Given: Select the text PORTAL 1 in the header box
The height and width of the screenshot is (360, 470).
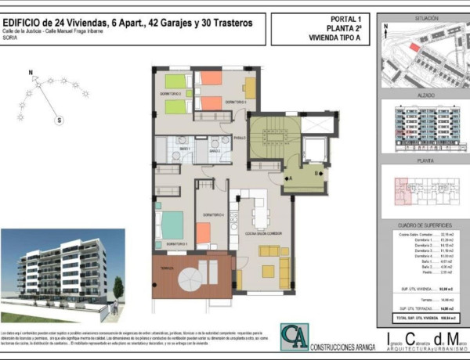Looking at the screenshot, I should (x=324, y=18).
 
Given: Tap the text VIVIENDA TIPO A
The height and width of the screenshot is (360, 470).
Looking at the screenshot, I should (x=324, y=37).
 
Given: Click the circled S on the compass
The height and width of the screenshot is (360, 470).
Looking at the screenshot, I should (x=57, y=120).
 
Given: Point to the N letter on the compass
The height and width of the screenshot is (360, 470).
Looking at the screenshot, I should (x=31, y=74).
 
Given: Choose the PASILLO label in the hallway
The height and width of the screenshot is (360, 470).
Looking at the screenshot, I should (x=240, y=138).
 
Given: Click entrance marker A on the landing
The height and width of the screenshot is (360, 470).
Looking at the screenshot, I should (x=290, y=178).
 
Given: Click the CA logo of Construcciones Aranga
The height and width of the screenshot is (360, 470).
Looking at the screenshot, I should (x=295, y=337).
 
